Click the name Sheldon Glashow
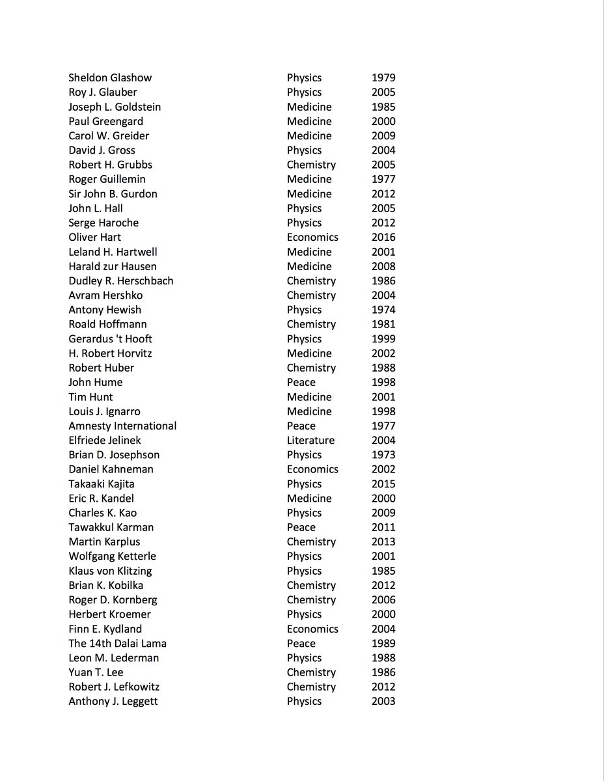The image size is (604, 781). click(x=110, y=78)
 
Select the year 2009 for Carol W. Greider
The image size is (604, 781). click(x=383, y=136)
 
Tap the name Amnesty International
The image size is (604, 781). click(x=122, y=426)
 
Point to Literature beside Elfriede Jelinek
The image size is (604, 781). click(x=310, y=441)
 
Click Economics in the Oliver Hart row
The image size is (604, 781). click(x=312, y=238)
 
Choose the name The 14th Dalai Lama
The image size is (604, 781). click(x=117, y=644)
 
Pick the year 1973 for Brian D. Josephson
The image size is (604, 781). click(x=383, y=455)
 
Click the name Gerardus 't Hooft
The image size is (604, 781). click(x=110, y=339)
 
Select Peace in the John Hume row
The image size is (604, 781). click(x=301, y=383)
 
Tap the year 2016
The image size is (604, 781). click(x=383, y=238)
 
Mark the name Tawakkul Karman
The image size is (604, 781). click(x=111, y=528)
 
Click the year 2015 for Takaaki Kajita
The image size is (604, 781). click(x=383, y=484)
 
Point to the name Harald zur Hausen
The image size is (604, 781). click(x=113, y=267)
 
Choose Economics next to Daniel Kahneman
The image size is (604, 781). click(x=312, y=469)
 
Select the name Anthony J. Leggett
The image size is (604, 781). click(x=113, y=702)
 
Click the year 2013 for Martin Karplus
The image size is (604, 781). click(x=383, y=542)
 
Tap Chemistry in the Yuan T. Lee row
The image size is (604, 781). click(x=311, y=672)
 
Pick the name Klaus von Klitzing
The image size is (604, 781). click(x=110, y=571)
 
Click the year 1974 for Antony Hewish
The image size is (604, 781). click(x=383, y=310)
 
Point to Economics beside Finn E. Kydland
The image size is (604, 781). click(x=312, y=629)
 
